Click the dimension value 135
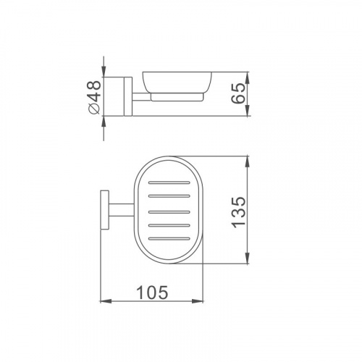[238, 212]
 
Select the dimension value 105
[152, 292]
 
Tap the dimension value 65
[238, 93]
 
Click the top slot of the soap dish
[169, 182]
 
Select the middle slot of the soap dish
[169, 212]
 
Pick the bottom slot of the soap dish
[169, 239]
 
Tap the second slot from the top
[169, 196]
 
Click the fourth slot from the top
[169, 226]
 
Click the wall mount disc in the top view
[104, 210]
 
